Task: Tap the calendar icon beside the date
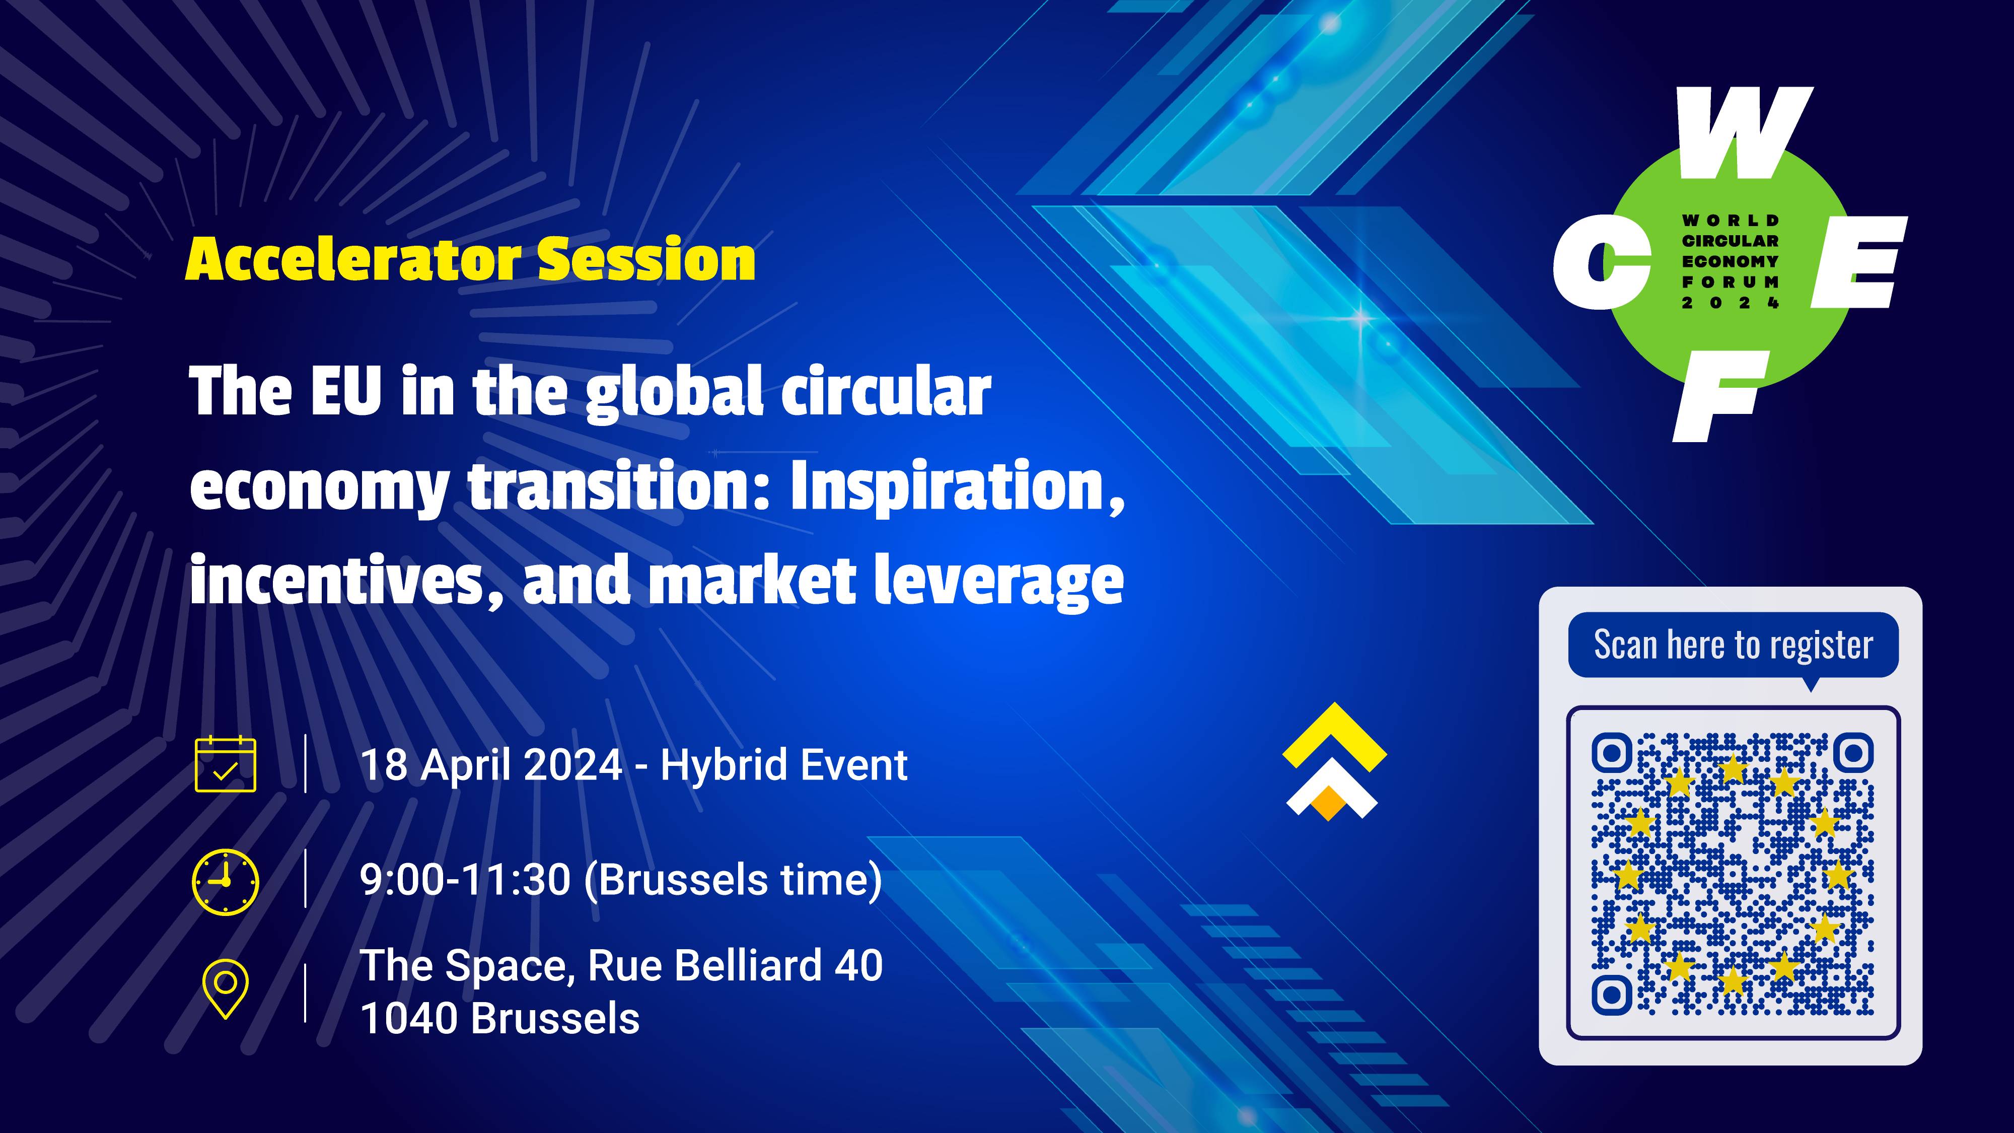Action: coord(225,764)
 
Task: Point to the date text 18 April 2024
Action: coord(491,765)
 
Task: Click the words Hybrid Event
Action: coord(784,765)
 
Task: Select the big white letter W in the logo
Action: coord(1745,133)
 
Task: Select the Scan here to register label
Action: coord(1734,645)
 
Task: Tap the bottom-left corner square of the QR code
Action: coord(1611,995)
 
